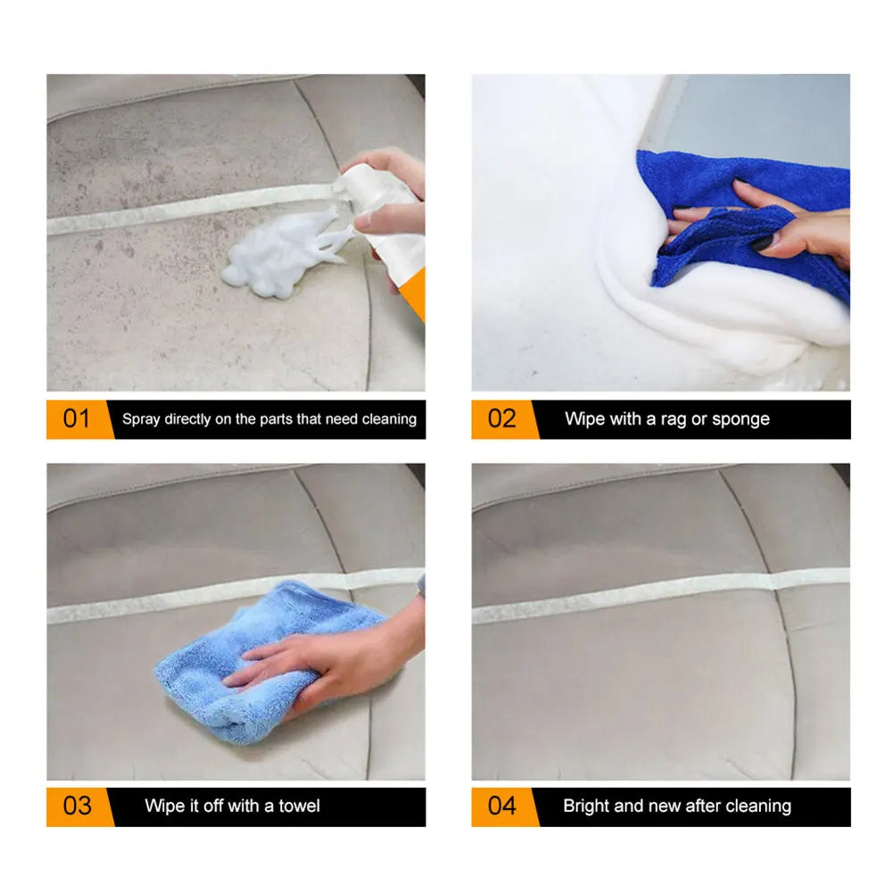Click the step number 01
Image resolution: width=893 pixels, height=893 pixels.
77,419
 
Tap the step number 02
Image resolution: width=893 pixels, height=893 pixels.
501,419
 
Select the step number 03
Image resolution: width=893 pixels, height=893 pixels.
77,806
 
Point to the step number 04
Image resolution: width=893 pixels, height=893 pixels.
501,806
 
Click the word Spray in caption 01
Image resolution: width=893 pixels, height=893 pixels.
141,419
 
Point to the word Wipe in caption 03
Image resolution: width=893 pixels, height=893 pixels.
164,806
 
